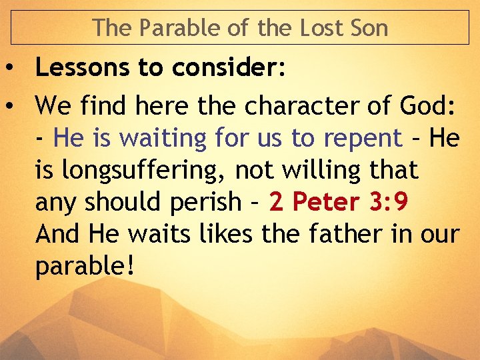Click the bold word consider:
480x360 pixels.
pos(227,67)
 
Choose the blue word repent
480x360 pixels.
pos(363,139)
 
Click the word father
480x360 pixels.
pos(345,234)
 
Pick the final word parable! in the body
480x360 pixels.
pos(85,267)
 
